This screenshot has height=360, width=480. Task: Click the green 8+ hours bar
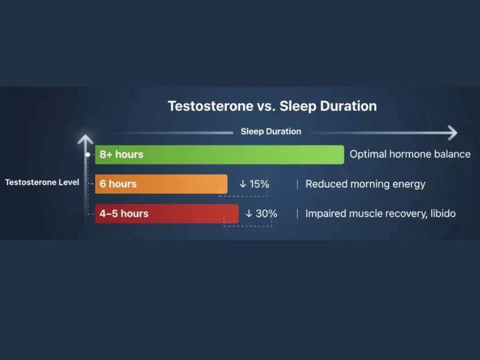[219, 155]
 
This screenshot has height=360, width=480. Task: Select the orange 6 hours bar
[161, 184]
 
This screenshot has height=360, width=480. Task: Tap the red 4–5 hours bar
[167, 214]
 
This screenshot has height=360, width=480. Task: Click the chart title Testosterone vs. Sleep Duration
[272, 106]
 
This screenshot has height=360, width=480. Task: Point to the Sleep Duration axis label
[271, 131]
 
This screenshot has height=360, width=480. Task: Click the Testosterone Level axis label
[42, 182]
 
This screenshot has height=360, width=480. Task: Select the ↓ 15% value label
[255, 184]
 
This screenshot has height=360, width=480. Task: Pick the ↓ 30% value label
[262, 213]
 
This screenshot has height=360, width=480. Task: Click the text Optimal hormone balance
[410, 154]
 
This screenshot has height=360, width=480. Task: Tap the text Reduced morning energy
[366, 184]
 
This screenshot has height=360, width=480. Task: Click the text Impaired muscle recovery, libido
[381, 213]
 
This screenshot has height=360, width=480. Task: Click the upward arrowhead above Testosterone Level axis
[85, 139]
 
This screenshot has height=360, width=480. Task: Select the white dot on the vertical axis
[88, 155]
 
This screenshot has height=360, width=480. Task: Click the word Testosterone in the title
[210, 106]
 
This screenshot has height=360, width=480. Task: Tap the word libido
[443, 213]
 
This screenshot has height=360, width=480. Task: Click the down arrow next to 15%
[243, 184]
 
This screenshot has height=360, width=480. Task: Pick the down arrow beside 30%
[249, 213]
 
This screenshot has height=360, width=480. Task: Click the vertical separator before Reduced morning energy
[297, 184]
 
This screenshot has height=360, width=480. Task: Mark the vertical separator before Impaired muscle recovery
[297, 214]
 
